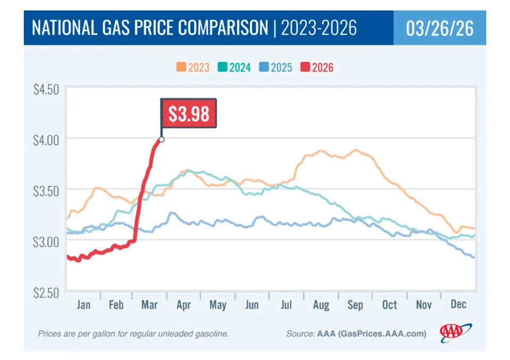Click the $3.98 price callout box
[x=189, y=113]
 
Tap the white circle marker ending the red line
[x=161, y=139]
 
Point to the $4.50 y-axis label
[x=46, y=89]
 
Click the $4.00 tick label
[x=46, y=139]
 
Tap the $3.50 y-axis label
[x=46, y=190]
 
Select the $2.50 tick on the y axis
[x=46, y=292]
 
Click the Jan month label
[x=83, y=305]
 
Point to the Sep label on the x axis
[x=355, y=305]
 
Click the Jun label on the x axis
[x=252, y=305]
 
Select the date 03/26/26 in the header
[x=439, y=28]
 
